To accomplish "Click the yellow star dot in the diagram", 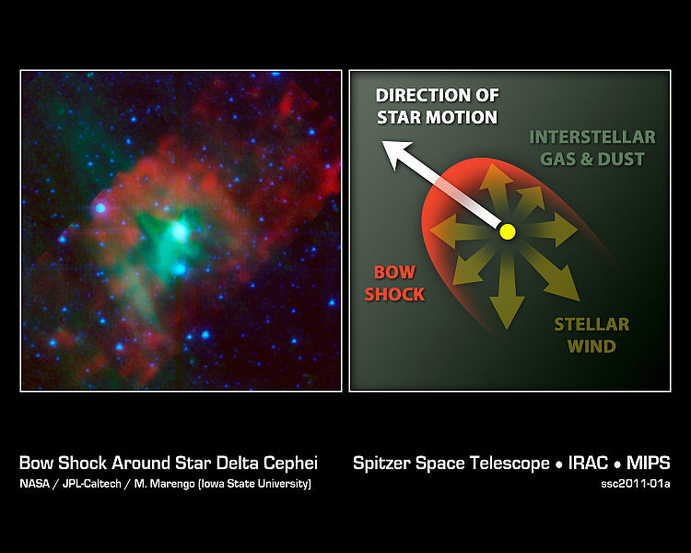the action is point(508,231).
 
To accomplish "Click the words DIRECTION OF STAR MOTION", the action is point(437,106).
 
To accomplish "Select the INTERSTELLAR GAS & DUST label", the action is point(592,147).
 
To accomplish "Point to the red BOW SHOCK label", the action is point(394,283).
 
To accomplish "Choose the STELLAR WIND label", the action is point(591,335).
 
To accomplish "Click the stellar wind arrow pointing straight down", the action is point(508,291).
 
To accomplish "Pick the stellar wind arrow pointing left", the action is point(462,229).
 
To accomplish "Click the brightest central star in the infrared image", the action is point(180,230).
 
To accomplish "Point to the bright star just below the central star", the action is point(180,268).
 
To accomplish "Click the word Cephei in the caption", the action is point(290,464).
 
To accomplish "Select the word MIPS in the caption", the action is point(649,464).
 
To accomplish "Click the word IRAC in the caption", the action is point(588,464).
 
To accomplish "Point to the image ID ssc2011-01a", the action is point(636,484).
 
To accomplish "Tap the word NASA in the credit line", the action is point(34,484).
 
